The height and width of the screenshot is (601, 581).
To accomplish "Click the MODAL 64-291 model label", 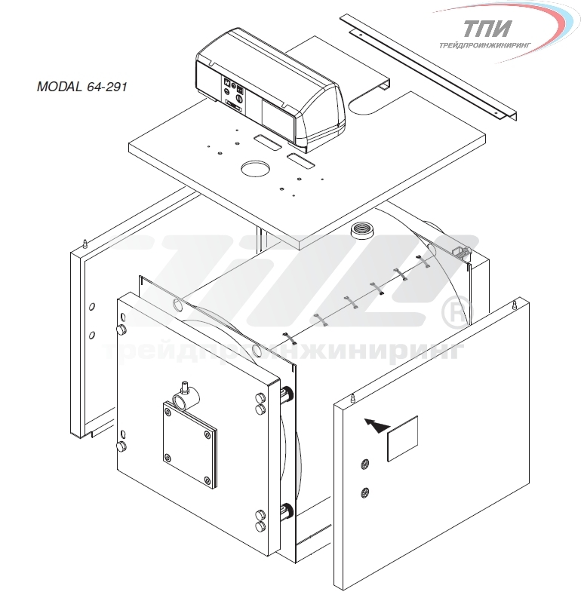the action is [81, 87].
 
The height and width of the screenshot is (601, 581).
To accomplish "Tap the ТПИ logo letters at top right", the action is [487, 29].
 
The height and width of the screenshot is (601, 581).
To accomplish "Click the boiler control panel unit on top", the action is [270, 89].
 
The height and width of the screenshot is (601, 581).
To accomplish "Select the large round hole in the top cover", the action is [255, 169].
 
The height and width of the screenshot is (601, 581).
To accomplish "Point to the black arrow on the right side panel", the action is [377, 425].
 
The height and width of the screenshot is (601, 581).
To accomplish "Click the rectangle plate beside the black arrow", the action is [403, 438].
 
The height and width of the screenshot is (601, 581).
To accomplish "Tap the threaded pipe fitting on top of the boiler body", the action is [361, 229].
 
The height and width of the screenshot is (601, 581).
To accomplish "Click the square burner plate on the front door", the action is [190, 445].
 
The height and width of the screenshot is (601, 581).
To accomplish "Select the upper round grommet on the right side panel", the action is [364, 465].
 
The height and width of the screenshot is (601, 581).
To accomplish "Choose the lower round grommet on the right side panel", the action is [365, 492].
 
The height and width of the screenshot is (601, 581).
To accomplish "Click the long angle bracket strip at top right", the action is [429, 66].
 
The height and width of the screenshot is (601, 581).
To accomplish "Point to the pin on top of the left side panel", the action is [85, 244].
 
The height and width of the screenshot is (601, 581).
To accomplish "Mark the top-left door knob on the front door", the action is [121, 330].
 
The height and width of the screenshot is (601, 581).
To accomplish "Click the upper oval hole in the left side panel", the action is [91, 307].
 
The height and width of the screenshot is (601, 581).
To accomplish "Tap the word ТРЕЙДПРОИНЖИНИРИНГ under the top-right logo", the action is [485, 45].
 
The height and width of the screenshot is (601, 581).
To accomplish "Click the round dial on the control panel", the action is [238, 99].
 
